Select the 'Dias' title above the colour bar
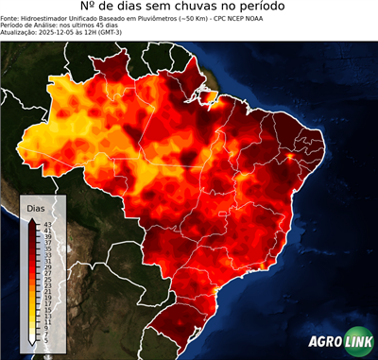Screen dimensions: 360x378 36,207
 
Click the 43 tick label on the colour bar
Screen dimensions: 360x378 47,223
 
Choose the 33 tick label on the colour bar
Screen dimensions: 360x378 47,253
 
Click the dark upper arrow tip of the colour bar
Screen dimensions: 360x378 31,219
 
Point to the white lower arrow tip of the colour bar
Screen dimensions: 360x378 31,341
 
